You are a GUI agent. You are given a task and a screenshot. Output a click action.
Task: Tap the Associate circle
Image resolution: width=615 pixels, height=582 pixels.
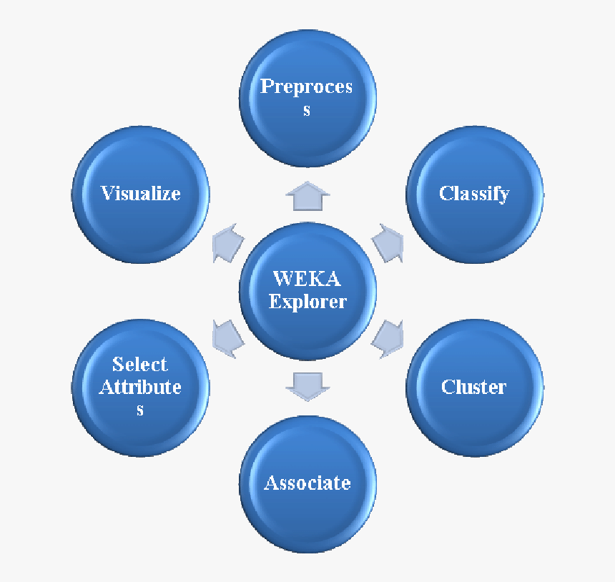tap(307, 484)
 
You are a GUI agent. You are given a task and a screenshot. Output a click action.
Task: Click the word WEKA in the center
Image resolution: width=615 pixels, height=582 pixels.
tap(307, 279)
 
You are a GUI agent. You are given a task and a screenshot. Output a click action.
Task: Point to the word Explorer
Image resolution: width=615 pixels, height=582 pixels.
tap(307, 301)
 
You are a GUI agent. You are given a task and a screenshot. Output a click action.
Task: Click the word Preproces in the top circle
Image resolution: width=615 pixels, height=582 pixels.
tap(307, 87)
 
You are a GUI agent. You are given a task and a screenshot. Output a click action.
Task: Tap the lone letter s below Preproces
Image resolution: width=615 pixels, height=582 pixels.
tap(307, 110)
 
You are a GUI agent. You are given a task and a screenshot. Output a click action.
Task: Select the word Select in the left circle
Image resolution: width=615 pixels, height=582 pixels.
tap(140, 364)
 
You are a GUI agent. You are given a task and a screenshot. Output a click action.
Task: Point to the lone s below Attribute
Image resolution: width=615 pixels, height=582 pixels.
tap(140, 410)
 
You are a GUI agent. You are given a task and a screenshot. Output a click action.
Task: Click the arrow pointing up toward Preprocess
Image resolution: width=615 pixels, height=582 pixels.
tap(307, 196)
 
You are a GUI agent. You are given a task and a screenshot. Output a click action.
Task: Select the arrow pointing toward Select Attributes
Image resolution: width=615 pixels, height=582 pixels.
tap(228, 336)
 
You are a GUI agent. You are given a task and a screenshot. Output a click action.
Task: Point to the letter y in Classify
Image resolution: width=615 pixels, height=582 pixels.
tap(503, 196)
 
